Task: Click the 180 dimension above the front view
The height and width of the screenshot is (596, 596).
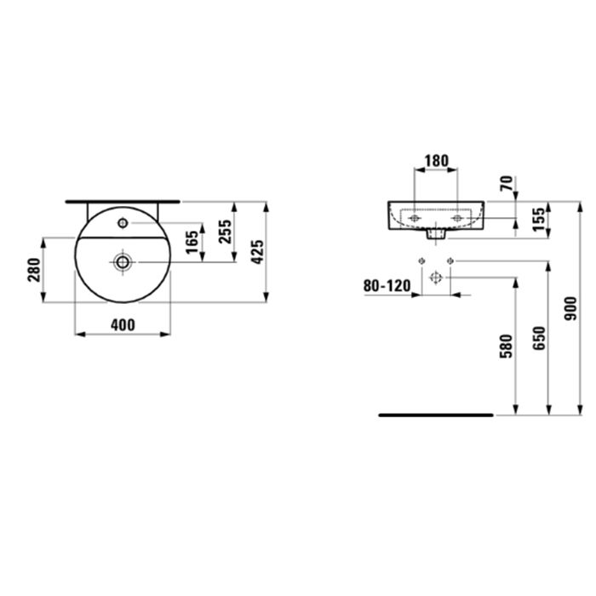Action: tap(435, 160)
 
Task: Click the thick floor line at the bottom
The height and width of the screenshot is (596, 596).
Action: tap(435, 415)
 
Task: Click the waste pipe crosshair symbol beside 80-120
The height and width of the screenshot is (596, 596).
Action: tap(435, 278)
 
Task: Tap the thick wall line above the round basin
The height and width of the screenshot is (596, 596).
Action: tap(124, 202)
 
